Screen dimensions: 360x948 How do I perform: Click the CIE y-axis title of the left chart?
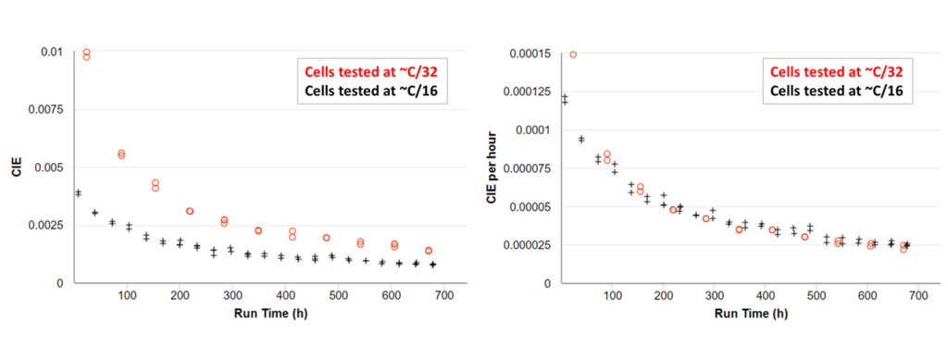point(15,168)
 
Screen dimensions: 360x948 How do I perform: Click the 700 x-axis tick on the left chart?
point(444,294)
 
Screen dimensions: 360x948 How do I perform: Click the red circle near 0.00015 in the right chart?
point(573,55)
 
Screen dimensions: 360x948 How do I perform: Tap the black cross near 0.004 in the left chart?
point(79,192)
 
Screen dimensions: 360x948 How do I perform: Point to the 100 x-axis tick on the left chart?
point(127,294)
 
